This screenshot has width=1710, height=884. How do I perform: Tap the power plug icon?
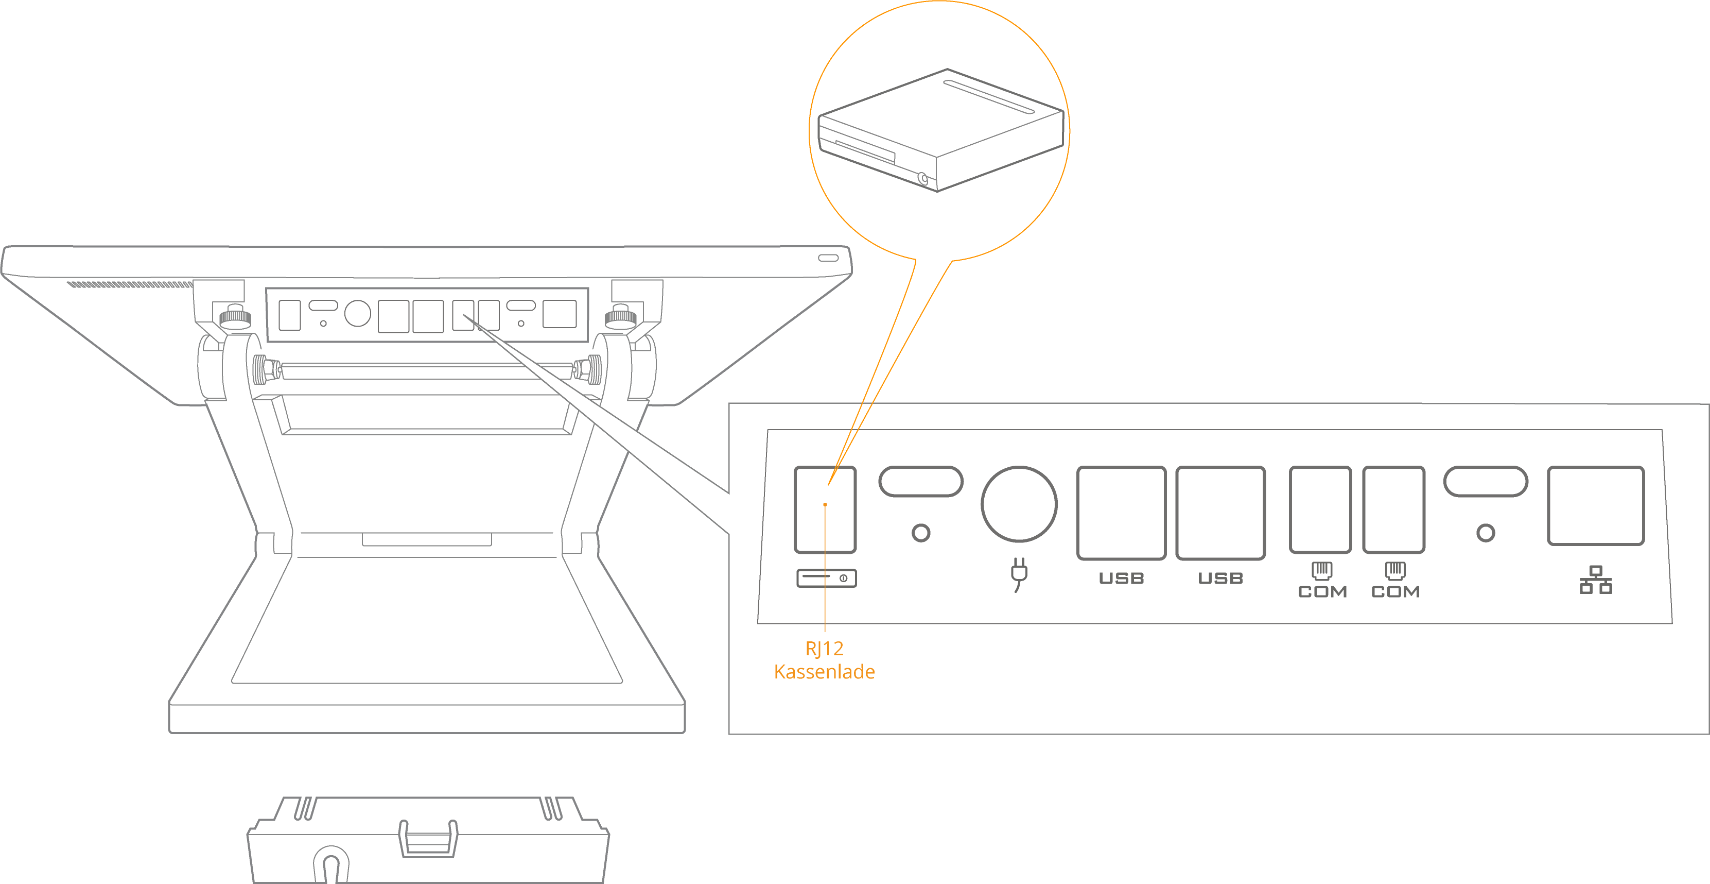[x=1019, y=574]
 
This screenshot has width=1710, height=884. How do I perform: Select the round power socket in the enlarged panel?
[x=1019, y=503]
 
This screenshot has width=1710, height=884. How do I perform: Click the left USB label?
[x=1121, y=579]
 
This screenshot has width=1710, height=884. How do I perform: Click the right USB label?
[x=1220, y=579]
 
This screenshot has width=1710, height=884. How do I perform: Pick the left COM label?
[x=1322, y=592]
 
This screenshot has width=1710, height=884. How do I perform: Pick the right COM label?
[x=1395, y=592]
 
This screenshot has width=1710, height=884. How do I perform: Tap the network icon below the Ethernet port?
[x=1595, y=581]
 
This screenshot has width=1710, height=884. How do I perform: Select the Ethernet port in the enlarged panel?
[x=1595, y=506]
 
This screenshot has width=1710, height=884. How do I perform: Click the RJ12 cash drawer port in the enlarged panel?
[x=825, y=509]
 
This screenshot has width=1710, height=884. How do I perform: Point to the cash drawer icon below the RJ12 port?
[x=827, y=579]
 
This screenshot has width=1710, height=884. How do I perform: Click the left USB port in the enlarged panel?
[x=1121, y=513]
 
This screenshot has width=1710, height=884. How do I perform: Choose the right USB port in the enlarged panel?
[x=1220, y=513]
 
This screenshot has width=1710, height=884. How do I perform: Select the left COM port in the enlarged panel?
[x=1320, y=509]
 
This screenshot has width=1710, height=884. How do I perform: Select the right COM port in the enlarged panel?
[x=1393, y=509]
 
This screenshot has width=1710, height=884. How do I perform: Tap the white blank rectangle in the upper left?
[x=115, y=133]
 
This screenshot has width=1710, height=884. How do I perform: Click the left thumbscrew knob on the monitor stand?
[x=234, y=316]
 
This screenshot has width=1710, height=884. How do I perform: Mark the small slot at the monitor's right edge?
[x=828, y=258]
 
